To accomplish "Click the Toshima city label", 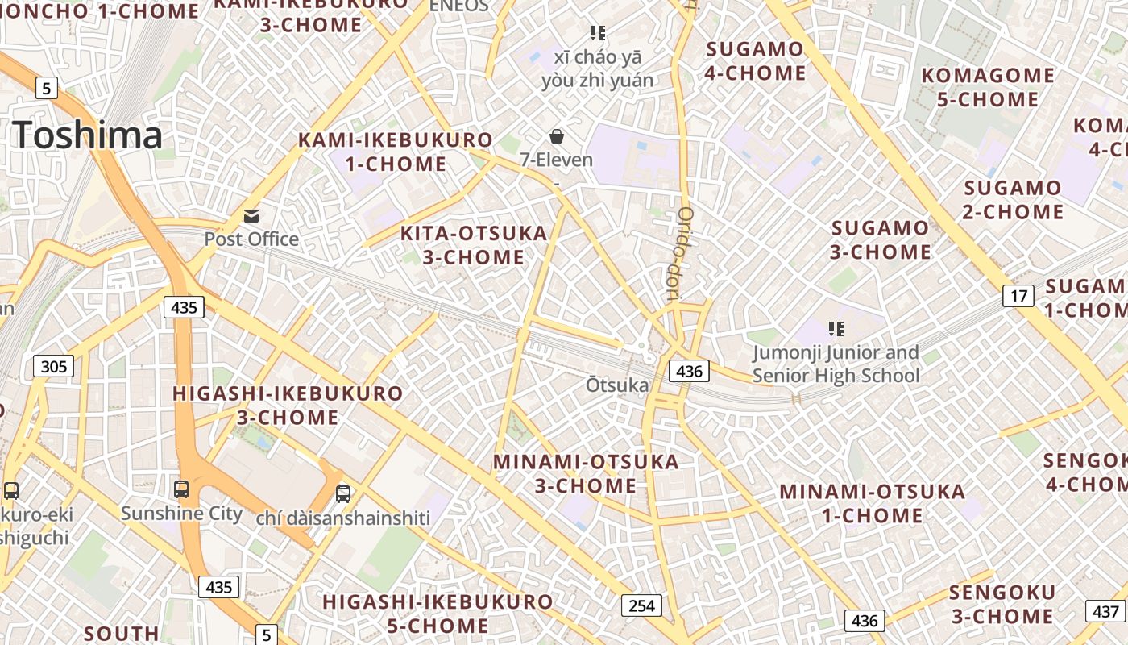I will pos(88,135).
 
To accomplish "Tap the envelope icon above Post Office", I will pos(251,216).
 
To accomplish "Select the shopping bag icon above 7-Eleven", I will pos(556,135).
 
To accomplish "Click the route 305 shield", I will pos(54,367).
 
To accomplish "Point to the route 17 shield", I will pos(1018,296).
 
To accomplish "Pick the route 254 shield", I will pos(641,605).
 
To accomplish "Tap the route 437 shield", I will pos(1105,610).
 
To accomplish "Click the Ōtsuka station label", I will pos(617,385).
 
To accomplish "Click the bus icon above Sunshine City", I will pos(181,489).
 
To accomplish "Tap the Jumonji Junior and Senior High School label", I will pos(836,364).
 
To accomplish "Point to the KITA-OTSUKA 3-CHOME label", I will pos(474,245).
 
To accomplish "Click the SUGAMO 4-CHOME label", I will pos(755,60).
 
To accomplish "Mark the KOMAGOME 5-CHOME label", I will pos(988,87).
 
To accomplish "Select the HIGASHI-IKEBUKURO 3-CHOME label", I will pos(288,405).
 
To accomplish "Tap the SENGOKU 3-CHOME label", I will pos(1002,605).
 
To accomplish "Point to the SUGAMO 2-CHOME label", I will pos(1014,200).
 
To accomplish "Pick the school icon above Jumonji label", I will pos(836,328).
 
